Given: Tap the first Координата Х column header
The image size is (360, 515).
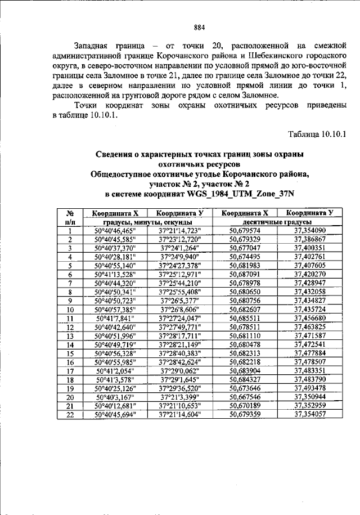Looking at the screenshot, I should click(115, 213).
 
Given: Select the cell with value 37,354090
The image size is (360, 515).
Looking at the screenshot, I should click(309, 231).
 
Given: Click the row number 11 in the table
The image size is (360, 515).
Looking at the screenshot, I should click(71, 318).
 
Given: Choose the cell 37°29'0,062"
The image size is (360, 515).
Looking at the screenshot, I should click(179, 370).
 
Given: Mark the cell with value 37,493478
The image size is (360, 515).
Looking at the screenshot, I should click(309, 388).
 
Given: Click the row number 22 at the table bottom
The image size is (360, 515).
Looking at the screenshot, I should click(71, 414).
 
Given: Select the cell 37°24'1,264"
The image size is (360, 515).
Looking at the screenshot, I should click(179, 248).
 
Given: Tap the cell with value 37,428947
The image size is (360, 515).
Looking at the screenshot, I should click(309, 283).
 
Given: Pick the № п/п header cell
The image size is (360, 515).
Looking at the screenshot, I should click(71, 217).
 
